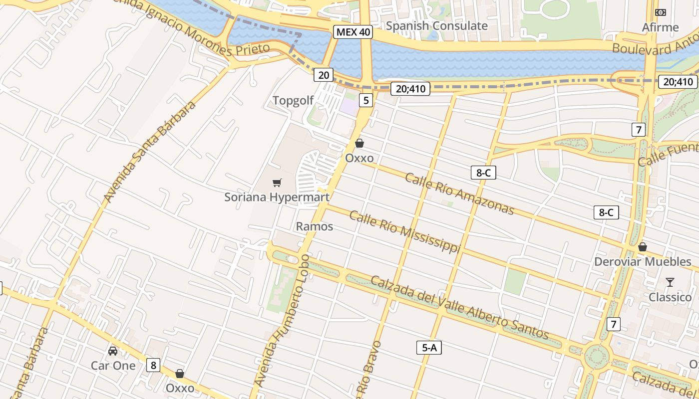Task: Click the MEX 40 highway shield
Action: point(353,32)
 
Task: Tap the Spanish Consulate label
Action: point(437,26)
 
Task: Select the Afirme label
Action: point(661,27)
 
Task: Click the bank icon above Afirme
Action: point(661,12)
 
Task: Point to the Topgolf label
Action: point(293,101)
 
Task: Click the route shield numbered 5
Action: point(366,101)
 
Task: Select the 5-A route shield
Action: point(429,348)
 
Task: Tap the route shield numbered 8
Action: point(153,365)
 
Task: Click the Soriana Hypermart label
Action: point(277,197)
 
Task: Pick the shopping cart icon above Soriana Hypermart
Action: point(277,183)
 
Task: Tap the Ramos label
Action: point(315,226)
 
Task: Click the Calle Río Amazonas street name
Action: point(459,194)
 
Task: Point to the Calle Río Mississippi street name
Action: point(404,231)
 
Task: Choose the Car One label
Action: point(113,366)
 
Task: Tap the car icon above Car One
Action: point(113,351)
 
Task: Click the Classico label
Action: point(670,297)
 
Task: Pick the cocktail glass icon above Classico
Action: point(670,283)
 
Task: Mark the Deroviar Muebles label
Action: point(643,262)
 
